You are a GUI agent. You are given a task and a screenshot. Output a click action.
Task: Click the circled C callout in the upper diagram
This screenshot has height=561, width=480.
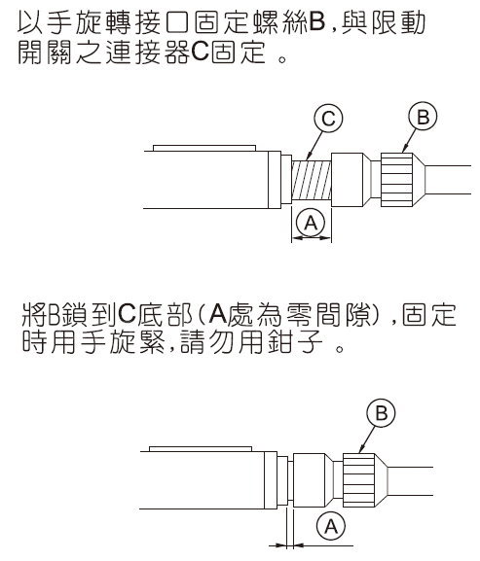[328, 119]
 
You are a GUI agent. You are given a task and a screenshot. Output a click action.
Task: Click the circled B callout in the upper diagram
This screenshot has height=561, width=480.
[424, 117]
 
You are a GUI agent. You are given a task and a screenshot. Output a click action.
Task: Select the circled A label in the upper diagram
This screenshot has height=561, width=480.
[311, 223]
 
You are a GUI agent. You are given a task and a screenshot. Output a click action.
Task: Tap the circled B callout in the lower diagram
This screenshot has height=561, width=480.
[381, 413]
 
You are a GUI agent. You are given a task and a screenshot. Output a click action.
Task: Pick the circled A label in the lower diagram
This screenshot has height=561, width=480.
[331, 526]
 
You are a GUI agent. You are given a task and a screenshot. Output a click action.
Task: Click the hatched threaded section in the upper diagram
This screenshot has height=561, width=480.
[312, 180]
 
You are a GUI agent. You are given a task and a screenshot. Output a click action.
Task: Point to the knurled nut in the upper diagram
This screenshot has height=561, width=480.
[397, 180]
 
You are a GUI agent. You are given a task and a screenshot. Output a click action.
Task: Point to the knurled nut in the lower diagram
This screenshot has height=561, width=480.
[359, 481]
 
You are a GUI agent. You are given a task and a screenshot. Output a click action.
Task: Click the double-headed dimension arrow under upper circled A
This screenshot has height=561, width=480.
[312, 237]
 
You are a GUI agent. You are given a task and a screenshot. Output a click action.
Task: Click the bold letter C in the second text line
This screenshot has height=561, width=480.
[200, 53]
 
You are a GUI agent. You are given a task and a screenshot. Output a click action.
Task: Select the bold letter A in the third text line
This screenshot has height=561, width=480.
[218, 314]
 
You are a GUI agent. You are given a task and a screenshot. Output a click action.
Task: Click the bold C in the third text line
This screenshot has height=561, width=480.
[127, 314]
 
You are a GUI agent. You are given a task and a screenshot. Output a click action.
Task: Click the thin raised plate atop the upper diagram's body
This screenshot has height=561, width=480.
[204, 148]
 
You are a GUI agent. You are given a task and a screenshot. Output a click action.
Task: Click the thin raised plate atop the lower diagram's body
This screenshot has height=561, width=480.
[201, 449]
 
